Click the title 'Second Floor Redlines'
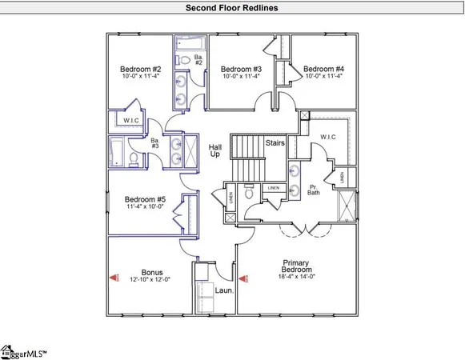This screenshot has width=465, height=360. (x=232, y=8)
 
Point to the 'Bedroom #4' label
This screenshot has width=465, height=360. (x=323, y=69)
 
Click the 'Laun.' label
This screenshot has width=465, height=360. (x=225, y=290)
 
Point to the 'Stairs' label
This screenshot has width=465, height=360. (x=275, y=142)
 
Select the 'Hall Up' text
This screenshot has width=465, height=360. (x=214, y=150)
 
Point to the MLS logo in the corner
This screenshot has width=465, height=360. (x=24, y=350)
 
